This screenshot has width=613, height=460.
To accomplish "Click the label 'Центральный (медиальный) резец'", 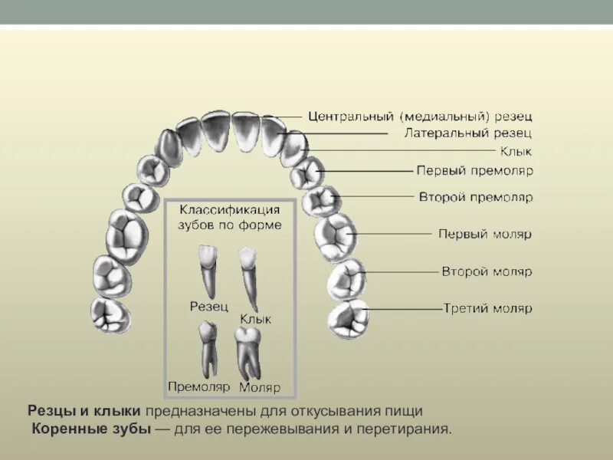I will [420, 117].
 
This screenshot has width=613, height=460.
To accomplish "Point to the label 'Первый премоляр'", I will [474, 170].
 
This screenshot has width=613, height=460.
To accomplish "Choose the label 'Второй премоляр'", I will [475, 197].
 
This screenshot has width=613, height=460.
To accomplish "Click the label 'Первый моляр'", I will [484, 234].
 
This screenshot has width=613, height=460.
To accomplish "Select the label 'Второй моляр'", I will [486, 271].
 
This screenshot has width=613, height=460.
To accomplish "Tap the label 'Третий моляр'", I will [487, 309].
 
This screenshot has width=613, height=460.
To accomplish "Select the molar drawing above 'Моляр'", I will [247, 353].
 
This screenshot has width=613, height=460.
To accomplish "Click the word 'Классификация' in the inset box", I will [229, 209].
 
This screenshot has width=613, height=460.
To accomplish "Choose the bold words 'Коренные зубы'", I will [91, 429].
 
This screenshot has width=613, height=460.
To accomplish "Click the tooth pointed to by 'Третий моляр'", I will [349, 320].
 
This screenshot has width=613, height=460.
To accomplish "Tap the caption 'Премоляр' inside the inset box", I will [198, 386].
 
